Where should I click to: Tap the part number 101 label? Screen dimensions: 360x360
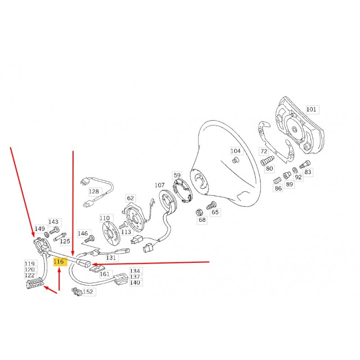pyautogui.click(x=311, y=109)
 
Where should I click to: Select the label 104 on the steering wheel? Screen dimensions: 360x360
pyautogui.click(x=235, y=151)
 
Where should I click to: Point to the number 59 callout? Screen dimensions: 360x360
pyautogui.click(x=177, y=175)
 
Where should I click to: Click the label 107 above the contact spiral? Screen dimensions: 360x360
pyautogui.click(x=160, y=185)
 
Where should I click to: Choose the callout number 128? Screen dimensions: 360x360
pyautogui.click(x=94, y=192)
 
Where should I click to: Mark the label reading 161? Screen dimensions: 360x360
pyautogui.click(x=105, y=274)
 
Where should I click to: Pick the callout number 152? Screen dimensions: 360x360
pyautogui.click(x=88, y=292)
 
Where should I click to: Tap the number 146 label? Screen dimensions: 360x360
pyautogui.click(x=83, y=234)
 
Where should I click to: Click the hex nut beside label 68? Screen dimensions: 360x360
pyautogui.click(x=199, y=212)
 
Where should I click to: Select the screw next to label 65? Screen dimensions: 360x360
pyautogui.click(x=211, y=205)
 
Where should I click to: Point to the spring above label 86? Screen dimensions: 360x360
pyautogui.click(x=277, y=180)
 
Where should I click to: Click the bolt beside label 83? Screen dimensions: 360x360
pyautogui.click(x=305, y=164)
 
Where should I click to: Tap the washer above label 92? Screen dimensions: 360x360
pyautogui.click(x=295, y=170)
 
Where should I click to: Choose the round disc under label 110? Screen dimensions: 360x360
pyautogui.click(x=111, y=234)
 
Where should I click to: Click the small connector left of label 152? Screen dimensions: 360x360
pyautogui.click(x=77, y=292)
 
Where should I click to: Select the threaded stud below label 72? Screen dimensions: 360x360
pyautogui.click(x=267, y=160)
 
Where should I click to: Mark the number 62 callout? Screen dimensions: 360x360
pyautogui.click(x=130, y=198)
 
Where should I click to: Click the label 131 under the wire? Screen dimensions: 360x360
pyautogui.click(x=111, y=257)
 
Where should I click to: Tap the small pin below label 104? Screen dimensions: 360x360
pyautogui.click(x=235, y=160)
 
